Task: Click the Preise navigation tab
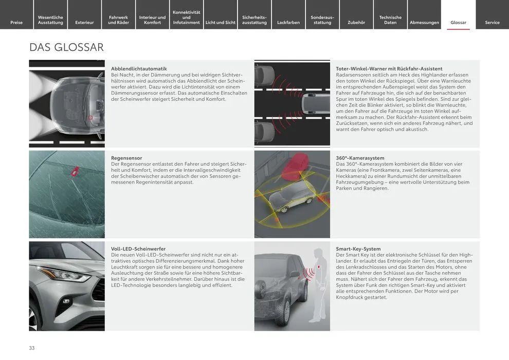pyautogui.click(x=16, y=22)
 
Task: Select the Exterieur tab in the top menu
pyautogui.click(x=84, y=22)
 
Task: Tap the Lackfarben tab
pyautogui.click(x=288, y=22)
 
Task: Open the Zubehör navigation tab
pyautogui.click(x=356, y=22)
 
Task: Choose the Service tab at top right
pyautogui.click(x=492, y=22)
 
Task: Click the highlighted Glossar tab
pyautogui.click(x=458, y=22)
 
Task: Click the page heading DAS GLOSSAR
pyautogui.click(x=67, y=47)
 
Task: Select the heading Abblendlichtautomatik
pyautogui.click(x=139, y=69)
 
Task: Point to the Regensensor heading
pyautogui.click(x=126, y=158)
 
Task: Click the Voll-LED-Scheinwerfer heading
pyautogui.click(x=138, y=249)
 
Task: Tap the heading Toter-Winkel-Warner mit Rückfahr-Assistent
pyautogui.click(x=389, y=69)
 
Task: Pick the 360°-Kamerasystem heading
pyautogui.click(x=360, y=158)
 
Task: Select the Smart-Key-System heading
pyautogui.click(x=358, y=249)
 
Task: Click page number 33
pyautogui.click(x=32, y=348)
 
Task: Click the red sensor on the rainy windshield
pyautogui.click(x=76, y=171)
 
